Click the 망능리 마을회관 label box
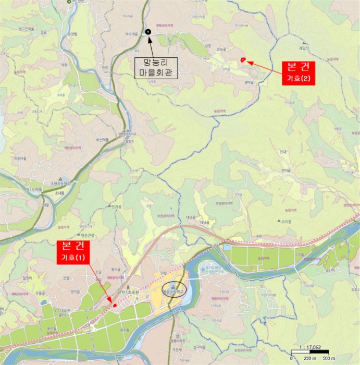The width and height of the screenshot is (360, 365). [x=156, y=68]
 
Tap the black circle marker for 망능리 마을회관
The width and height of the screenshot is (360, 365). [x=148, y=32]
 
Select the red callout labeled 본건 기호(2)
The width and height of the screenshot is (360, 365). [x=299, y=73]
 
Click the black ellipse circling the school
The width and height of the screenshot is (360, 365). [x=173, y=287]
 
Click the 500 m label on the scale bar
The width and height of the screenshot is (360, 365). [x=329, y=358]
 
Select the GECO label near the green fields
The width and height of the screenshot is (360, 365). [x=63, y=310]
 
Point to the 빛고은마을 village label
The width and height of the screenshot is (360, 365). [x=24, y=29]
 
